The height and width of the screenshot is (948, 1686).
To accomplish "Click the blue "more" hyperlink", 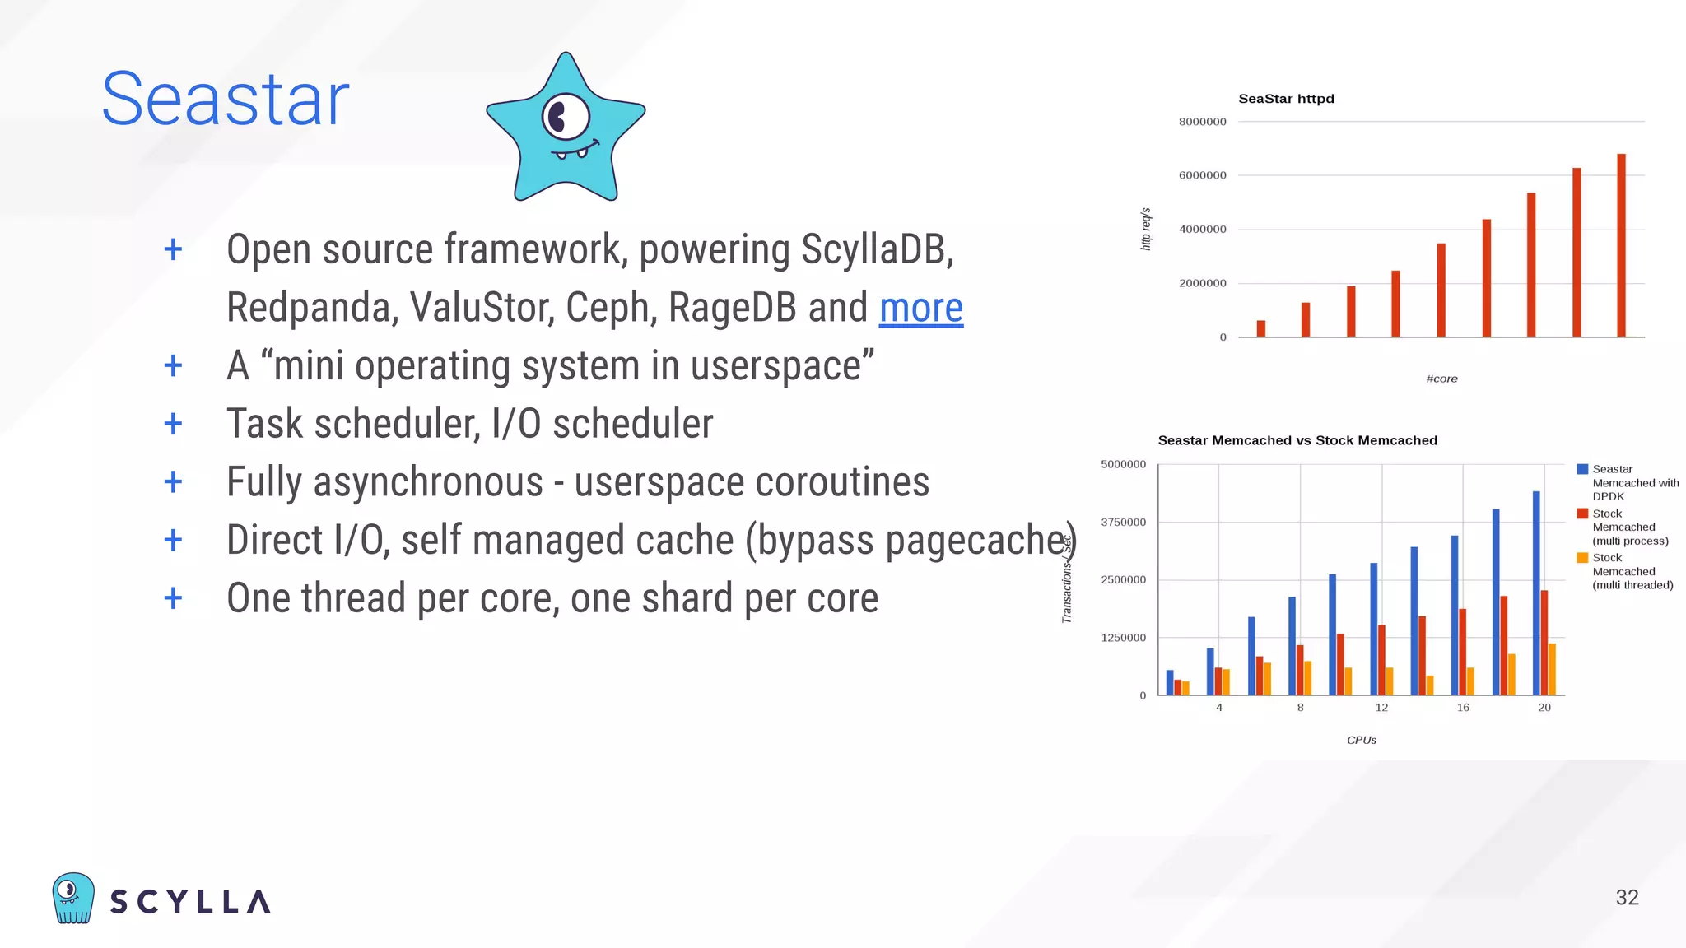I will pyautogui.click(x=920, y=309).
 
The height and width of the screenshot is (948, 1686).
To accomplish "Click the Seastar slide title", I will pyautogui.click(x=225, y=100).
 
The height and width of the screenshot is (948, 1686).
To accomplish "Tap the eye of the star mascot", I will pyautogui.click(x=565, y=118).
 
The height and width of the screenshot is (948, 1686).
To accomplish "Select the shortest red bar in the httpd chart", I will pyautogui.click(x=1261, y=328).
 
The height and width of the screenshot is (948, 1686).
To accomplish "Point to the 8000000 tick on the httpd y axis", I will pyautogui.click(x=1202, y=122).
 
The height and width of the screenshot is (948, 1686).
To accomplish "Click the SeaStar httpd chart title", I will pyautogui.click(x=1286, y=99).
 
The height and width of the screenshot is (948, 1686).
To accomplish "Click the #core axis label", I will pyautogui.click(x=1441, y=379).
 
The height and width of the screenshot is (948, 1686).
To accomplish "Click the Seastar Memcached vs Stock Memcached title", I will pyautogui.click(x=1297, y=440).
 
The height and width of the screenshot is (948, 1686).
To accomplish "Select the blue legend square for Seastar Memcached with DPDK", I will pyautogui.click(x=1581, y=469).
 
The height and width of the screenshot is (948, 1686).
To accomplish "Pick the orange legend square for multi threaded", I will pyautogui.click(x=1581, y=558).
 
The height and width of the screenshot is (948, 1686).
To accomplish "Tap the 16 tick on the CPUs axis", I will pyautogui.click(x=1463, y=708).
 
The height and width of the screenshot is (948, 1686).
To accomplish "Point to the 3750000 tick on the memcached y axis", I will pyautogui.click(x=1123, y=523).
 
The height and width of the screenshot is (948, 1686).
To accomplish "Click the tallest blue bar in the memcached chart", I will pyautogui.click(x=1536, y=592).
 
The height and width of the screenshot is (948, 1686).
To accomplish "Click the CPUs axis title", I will pyautogui.click(x=1362, y=740).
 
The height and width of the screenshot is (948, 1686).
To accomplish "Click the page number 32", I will pyautogui.click(x=1627, y=898).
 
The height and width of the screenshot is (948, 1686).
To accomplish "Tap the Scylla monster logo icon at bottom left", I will pyautogui.click(x=73, y=898).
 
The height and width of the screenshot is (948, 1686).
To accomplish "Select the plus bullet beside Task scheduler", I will pyautogui.click(x=173, y=424).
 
